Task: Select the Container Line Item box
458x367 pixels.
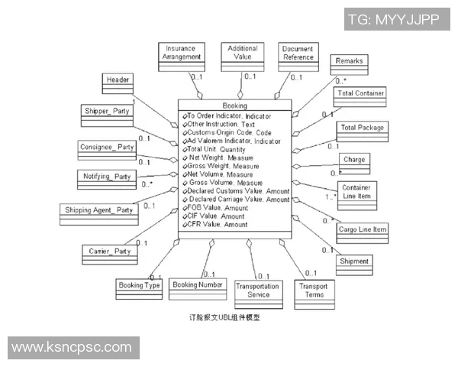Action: [356, 192]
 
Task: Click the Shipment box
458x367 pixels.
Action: [354, 262]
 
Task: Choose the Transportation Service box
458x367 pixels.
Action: [258, 294]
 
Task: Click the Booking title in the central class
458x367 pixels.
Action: [234, 106]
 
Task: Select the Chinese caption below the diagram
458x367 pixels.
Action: [229, 316]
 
